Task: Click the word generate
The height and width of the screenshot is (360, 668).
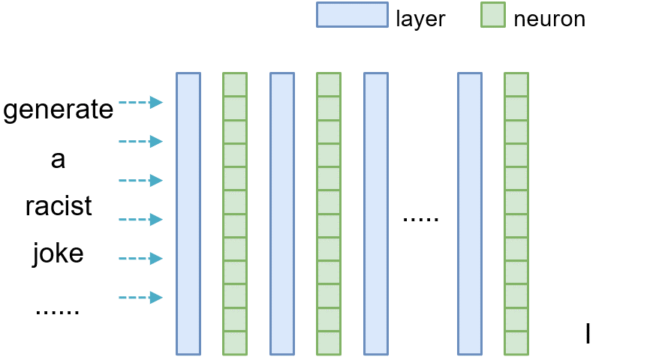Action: click(59, 110)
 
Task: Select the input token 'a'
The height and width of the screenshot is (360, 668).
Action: click(59, 159)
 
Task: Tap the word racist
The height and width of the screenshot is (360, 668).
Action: click(59, 206)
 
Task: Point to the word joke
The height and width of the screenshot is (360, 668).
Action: click(59, 254)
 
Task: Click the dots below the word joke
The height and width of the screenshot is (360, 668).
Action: click(59, 309)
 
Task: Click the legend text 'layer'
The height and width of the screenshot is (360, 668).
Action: click(420, 19)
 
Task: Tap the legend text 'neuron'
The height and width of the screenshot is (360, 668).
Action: click(549, 19)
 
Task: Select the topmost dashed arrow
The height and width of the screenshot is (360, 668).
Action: click(141, 103)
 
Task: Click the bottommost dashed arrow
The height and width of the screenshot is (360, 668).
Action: click(141, 298)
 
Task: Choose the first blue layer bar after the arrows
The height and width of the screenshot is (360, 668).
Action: click(188, 214)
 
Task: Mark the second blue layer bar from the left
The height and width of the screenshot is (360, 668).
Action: click(281, 214)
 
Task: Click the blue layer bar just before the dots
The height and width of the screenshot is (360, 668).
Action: click(375, 214)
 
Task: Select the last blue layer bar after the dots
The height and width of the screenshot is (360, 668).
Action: click(469, 214)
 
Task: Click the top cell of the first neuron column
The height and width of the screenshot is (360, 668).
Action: click(235, 85)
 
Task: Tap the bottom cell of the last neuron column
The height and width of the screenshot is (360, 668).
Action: click(516, 343)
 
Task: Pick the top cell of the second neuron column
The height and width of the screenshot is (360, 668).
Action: click(329, 85)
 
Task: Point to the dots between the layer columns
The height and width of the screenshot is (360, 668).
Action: click(420, 220)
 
